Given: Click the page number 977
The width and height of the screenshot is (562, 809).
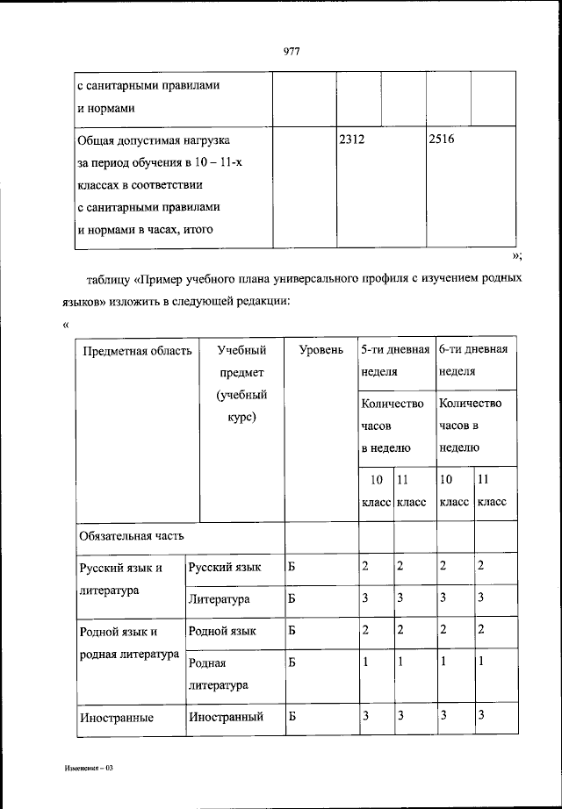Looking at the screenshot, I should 292,50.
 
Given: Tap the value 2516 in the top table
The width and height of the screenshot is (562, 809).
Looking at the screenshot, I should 441,140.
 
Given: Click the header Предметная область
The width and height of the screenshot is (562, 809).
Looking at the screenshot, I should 136,350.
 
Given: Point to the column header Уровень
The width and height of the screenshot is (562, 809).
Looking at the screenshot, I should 321,350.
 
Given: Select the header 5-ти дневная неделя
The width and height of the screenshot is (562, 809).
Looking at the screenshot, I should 394,360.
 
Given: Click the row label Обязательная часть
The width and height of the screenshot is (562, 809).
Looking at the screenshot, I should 132,535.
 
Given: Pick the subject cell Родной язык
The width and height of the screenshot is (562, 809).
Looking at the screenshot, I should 222,631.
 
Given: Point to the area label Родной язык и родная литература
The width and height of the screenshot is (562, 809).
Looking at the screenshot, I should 128,642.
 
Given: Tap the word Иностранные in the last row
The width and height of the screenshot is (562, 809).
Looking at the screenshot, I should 116,718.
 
